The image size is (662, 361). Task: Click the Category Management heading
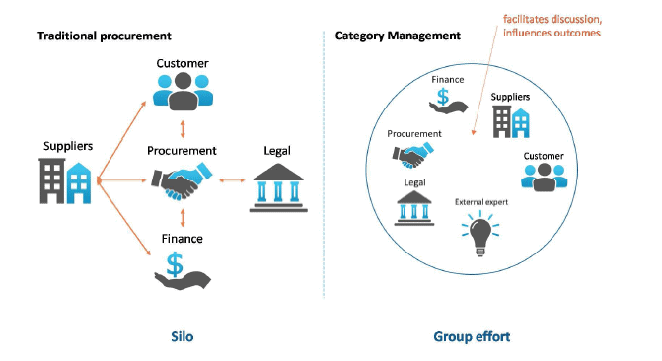[x=398, y=36]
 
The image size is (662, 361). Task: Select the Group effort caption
[x=471, y=336]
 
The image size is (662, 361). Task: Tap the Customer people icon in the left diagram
[x=183, y=92]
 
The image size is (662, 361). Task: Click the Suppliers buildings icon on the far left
[x=67, y=180]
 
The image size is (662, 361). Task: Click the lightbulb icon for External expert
[x=479, y=234]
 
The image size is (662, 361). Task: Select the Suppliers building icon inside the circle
[x=511, y=119]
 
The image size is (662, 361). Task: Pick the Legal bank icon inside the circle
[x=413, y=208]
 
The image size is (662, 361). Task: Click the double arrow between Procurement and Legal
[x=230, y=180]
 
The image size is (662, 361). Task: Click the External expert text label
[x=479, y=202]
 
